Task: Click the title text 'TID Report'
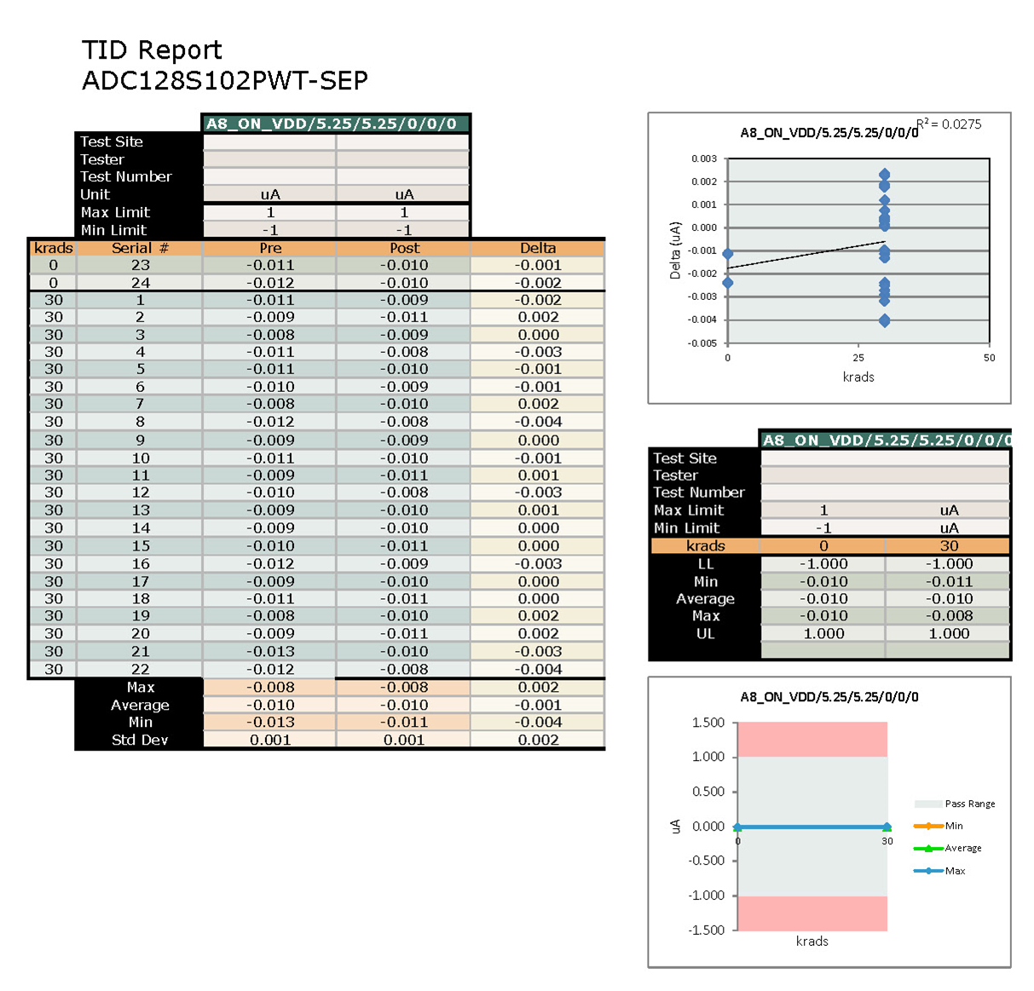point(152,50)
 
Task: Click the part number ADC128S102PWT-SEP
point(225,81)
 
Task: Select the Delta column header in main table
point(538,248)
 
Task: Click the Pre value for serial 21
point(270,651)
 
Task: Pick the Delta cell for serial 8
point(538,422)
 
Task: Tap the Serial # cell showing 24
point(140,283)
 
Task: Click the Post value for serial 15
point(404,545)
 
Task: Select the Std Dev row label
point(140,740)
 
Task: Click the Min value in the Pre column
point(270,722)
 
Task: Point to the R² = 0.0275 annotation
point(950,124)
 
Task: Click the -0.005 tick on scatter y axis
point(704,343)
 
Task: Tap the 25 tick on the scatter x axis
point(858,358)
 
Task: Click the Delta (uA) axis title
point(675,251)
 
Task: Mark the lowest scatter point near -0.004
point(884,320)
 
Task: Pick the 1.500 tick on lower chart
point(708,723)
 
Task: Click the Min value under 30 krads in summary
point(949,581)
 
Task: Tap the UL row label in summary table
point(705,633)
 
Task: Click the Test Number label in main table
point(126,176)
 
